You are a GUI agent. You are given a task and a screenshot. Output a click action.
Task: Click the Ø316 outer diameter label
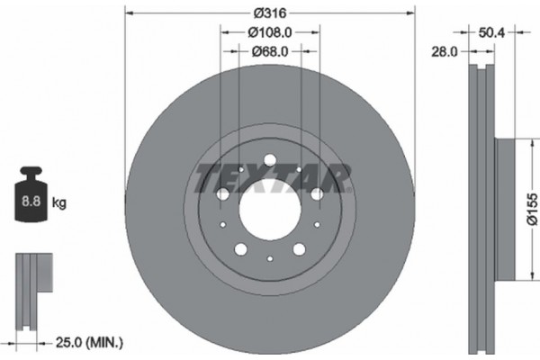tap(269, 14)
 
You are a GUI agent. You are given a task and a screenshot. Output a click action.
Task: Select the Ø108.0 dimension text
tap(269, 32)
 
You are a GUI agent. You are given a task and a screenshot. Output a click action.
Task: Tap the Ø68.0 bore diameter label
tap(269, 51)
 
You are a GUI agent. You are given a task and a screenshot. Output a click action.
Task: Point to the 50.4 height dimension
tap(490, 32)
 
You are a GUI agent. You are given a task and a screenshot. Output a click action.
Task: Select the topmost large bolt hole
tap(269, 162)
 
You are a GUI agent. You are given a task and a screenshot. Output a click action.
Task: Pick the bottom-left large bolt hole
tap(240, 249)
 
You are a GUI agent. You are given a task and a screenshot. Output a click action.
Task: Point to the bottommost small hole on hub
tap(269, 260)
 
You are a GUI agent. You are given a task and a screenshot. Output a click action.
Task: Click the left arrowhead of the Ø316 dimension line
tap(128, 14)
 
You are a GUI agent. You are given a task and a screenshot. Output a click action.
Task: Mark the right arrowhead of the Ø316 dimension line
tap(412, 14)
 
